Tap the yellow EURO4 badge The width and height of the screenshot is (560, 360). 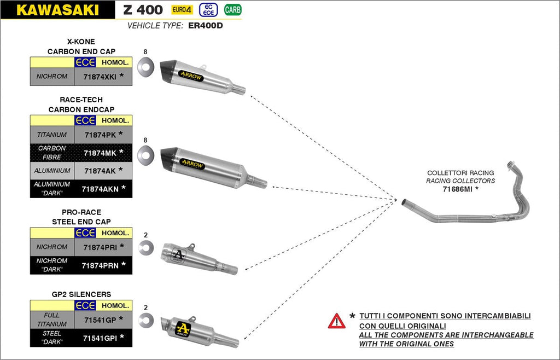click(x=182, y=9)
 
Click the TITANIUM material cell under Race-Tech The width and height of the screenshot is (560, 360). click(x=52, y=135)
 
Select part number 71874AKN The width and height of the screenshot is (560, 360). click(x=100, y=189)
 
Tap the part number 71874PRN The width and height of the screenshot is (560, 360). click(x=100, y=265)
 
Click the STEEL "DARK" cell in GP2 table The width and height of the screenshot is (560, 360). click(x=52, y=337)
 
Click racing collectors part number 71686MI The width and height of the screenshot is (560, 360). click(x=458, y=189)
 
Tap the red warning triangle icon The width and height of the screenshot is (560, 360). click(x=336, y=321)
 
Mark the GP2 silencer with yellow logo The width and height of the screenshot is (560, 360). click(x=200, y=330)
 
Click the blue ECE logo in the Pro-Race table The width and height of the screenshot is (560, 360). click(x=86, y=233)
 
